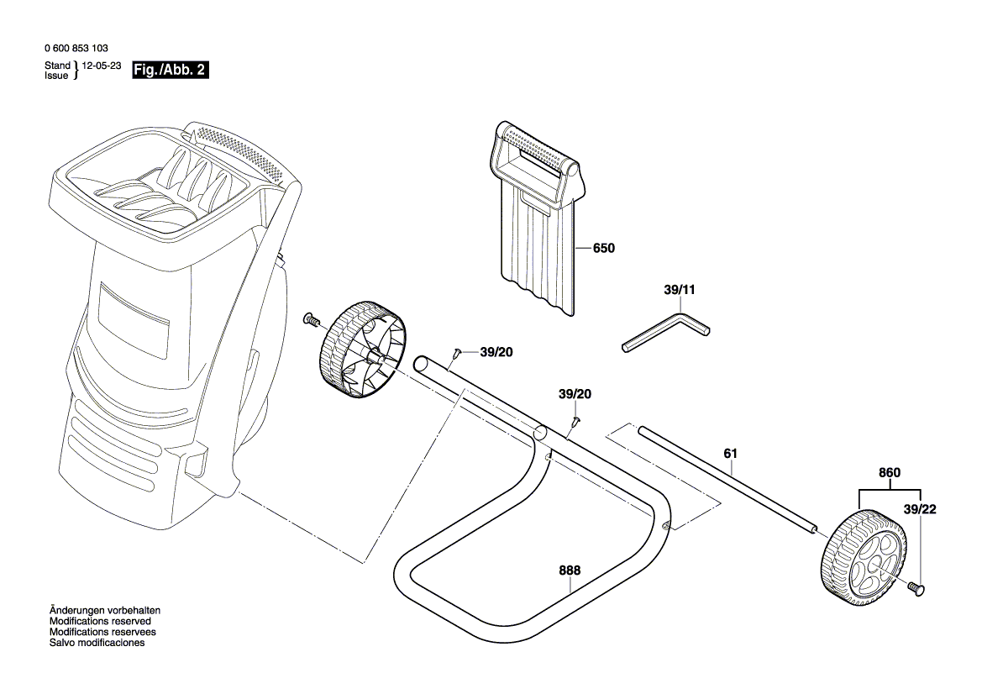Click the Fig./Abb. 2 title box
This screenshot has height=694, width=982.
(169, 70)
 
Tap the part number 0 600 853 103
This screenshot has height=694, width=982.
(76, 50)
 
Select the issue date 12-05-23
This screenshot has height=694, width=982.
(102, 65)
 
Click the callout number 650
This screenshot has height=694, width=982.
(603, 249)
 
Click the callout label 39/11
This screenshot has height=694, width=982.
(680, 290)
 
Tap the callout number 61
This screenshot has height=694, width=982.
(730, 454)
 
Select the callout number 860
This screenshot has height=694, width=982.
(889, 473)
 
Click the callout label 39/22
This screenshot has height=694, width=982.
(920, 509)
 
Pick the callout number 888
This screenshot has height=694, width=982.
(569, 570)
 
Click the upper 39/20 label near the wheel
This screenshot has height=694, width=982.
(496, 352)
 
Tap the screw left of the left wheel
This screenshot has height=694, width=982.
(312, 319)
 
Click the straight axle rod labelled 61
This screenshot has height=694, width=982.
(727, 480)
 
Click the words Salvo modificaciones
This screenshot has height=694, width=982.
(97, 643)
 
